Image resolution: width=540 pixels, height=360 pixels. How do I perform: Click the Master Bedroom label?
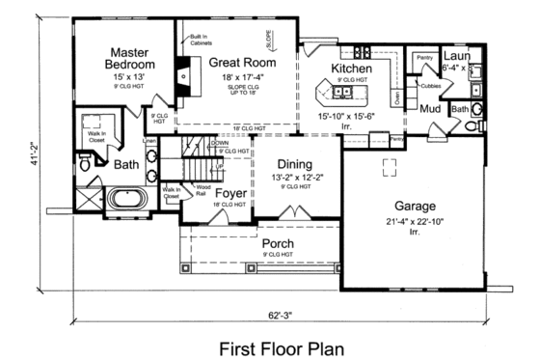126,58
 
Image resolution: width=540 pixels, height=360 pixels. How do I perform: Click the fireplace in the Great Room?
182,73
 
